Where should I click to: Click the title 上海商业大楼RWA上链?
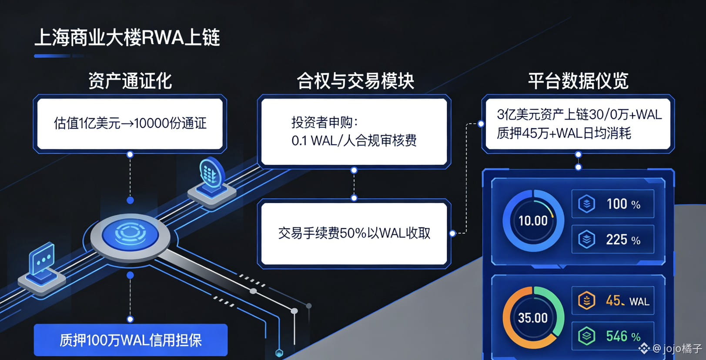[x=127, y=37]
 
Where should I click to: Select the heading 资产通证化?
[x=130, y=81]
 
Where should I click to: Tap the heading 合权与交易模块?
[x=355, y=81]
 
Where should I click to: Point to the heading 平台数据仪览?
[x=578, y=81]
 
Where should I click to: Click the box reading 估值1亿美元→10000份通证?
[x=130, y=123]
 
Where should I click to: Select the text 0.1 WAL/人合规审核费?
[x=354, y=140]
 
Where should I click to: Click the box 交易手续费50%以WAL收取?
[x=354, y=233]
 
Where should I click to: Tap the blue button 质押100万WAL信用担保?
[x=130, y=340]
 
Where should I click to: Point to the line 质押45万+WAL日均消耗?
[x=564, y=133]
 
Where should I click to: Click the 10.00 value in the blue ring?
[x=533, y=221]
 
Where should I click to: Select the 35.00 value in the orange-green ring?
[x=533, y=318]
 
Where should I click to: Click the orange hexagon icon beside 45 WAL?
[x=586, y=300]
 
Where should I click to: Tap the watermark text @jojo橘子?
[x=677, y=348]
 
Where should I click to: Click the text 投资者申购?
[x=325, y=123]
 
